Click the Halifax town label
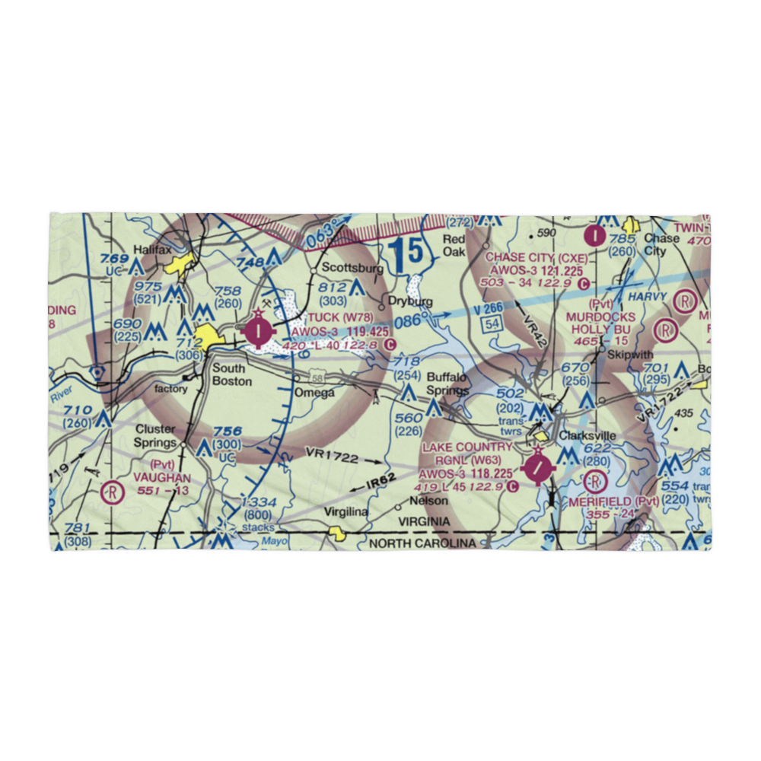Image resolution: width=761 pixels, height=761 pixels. (x=149, y=249)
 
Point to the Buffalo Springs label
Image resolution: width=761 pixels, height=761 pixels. (x=447, y=384)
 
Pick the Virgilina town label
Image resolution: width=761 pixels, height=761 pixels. (x=346, y=512)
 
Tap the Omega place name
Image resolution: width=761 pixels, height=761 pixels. (x=314, y=393)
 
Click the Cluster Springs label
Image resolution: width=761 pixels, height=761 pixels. (x=154, y=435)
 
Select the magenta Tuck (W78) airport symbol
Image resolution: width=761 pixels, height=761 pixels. (x=259, y=330)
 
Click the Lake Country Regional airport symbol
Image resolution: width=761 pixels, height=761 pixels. (x=539, y=468)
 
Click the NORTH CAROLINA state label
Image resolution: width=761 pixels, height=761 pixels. (x=422, y=543)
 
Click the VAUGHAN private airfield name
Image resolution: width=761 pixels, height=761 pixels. (x=161, y=477)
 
